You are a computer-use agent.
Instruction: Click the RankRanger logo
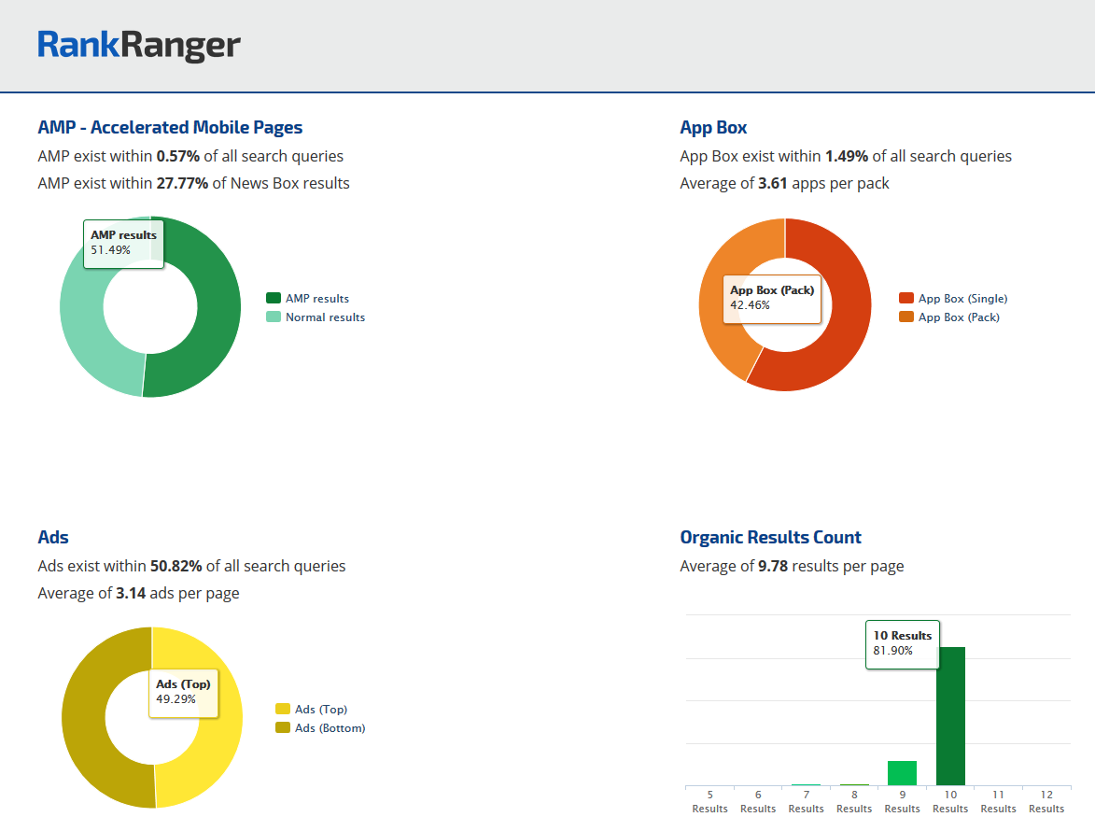(x=139, y=45)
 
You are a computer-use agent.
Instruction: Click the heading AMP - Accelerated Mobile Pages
(x=170, y=128)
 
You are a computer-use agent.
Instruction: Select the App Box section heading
(x=713, y=128)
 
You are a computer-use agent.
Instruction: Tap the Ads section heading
(x=53, y=538)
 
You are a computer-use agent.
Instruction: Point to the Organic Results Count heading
(x=770, y=538)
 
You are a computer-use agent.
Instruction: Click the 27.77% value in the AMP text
(x=182, y=183)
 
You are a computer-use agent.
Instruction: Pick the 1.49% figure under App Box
(x=847, y=156)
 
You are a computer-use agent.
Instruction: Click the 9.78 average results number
(x=773, y=566)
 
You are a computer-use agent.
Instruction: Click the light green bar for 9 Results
(x=902, y=773)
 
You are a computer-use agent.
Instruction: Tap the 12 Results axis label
(x=1046, y=802)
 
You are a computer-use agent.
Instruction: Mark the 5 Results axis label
(x=709, y=802)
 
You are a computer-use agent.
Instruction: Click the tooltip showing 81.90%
(x=903, y=643)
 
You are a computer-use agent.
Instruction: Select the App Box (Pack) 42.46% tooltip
(x=772, y=298)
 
